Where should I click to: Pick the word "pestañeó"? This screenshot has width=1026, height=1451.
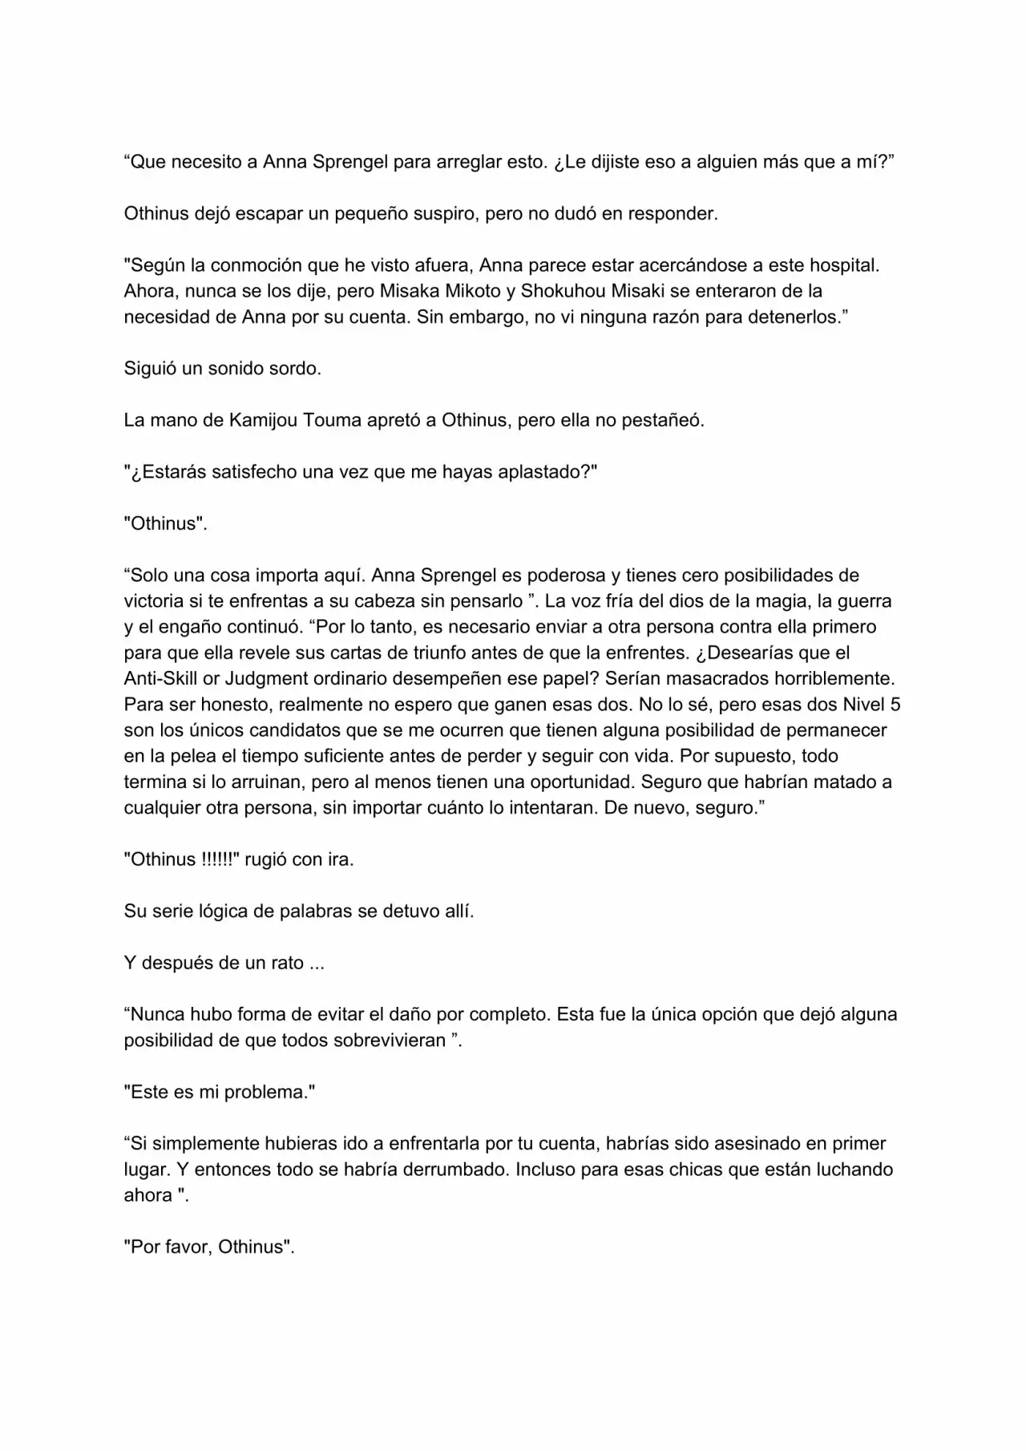click(x=669, y=420)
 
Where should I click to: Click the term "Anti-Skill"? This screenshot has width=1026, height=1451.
click(x=160, y=678)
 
